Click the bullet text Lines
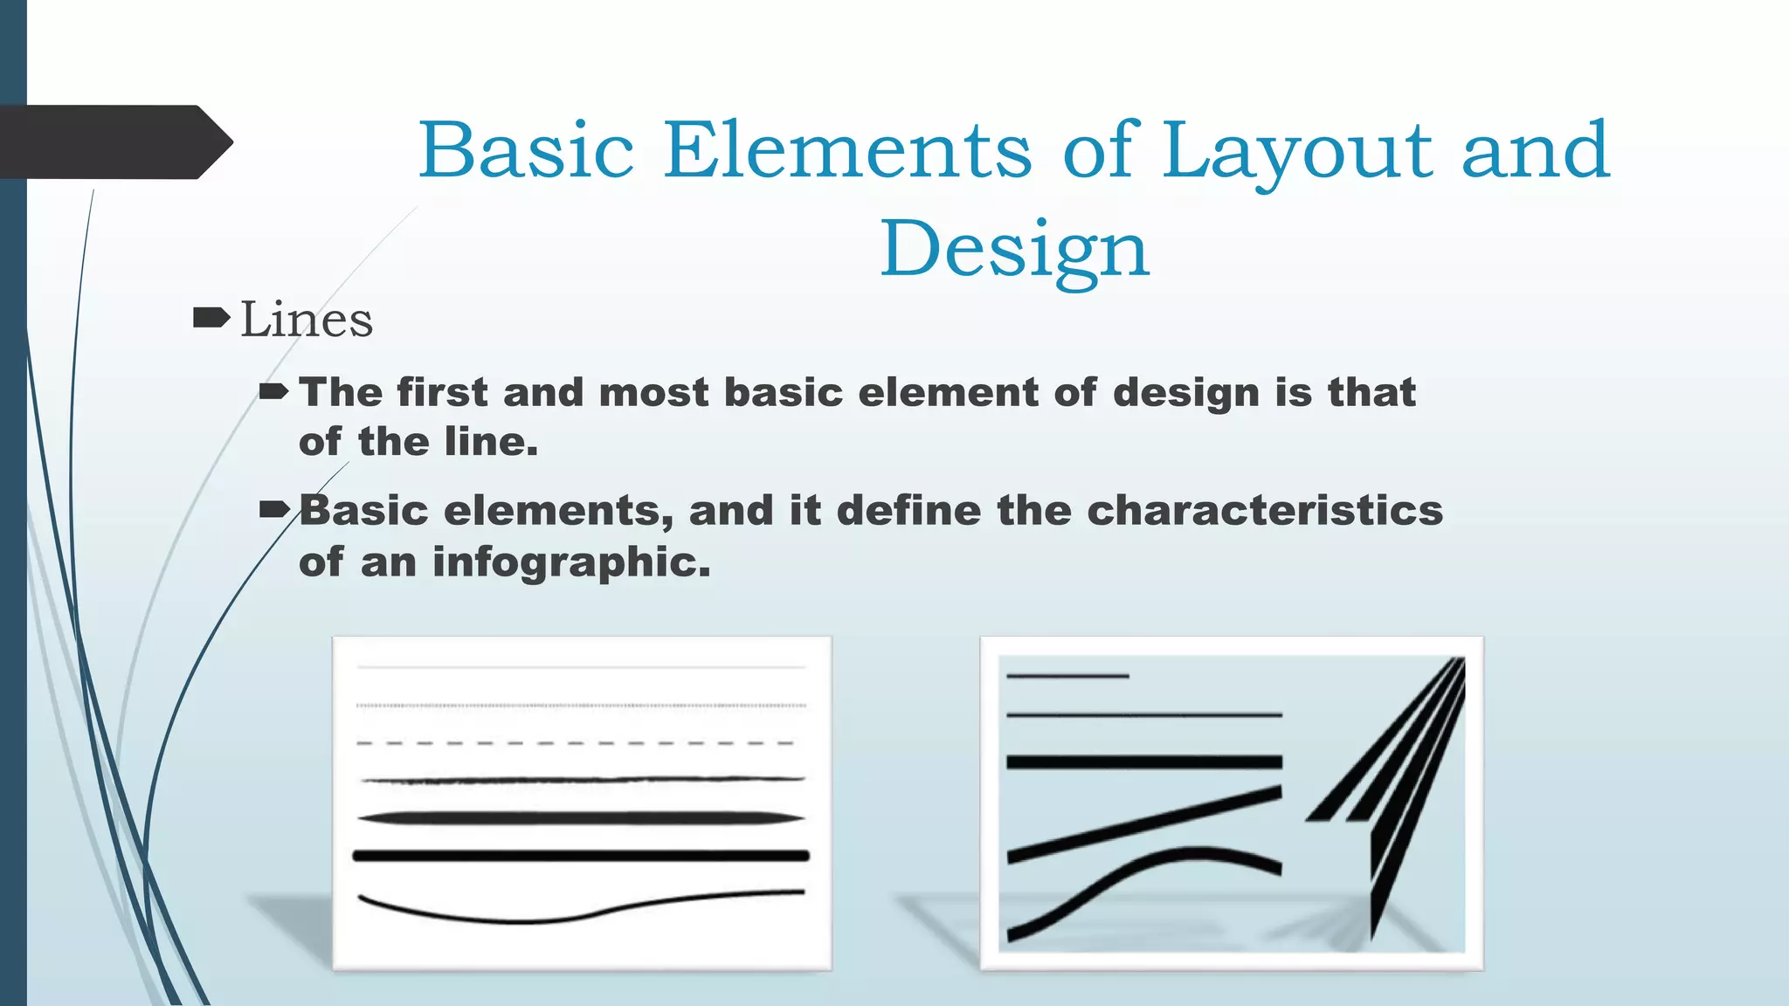pos(307,320)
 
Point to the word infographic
pos(570,562)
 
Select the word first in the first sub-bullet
pos(442,392)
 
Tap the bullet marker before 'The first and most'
pos(274,392)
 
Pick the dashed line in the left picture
pos(577,743)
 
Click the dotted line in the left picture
pos(581,705)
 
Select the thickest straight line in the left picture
pos(581,856)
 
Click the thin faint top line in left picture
pos(581,668)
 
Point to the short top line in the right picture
pos(1067,676)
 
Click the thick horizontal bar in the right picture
pos(1144,762)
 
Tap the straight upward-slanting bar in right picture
pos(1144,823)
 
